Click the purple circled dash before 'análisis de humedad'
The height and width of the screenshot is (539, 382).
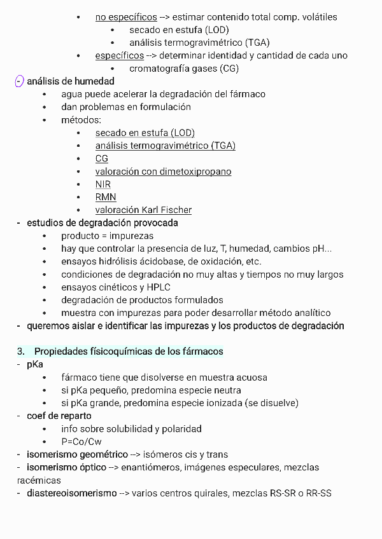tap(19, 81)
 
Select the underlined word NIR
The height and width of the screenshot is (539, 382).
tap(103, 184)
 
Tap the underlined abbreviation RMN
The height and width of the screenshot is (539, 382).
tap(106, 197)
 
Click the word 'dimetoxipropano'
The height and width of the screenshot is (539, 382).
tap(197, 172)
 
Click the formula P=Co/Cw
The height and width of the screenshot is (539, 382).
tap(81, 442)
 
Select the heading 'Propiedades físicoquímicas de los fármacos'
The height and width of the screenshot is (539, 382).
tap(129, 351)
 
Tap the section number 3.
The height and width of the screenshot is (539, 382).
tap(20, 351)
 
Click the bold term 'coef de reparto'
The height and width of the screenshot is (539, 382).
tap(59, 416)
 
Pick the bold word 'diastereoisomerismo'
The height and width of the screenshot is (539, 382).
tap(72, 493)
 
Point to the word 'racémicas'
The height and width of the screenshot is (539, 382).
tap(39, 481)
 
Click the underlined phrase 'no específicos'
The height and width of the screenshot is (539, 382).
tap(126, 17)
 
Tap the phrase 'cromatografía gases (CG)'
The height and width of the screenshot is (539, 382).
tap(184, 68)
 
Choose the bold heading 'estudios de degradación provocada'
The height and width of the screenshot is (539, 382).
tap(103, 223)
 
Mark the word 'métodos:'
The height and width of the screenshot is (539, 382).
tap(81, 119)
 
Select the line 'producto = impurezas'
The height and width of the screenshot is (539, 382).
tap(108, 236)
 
